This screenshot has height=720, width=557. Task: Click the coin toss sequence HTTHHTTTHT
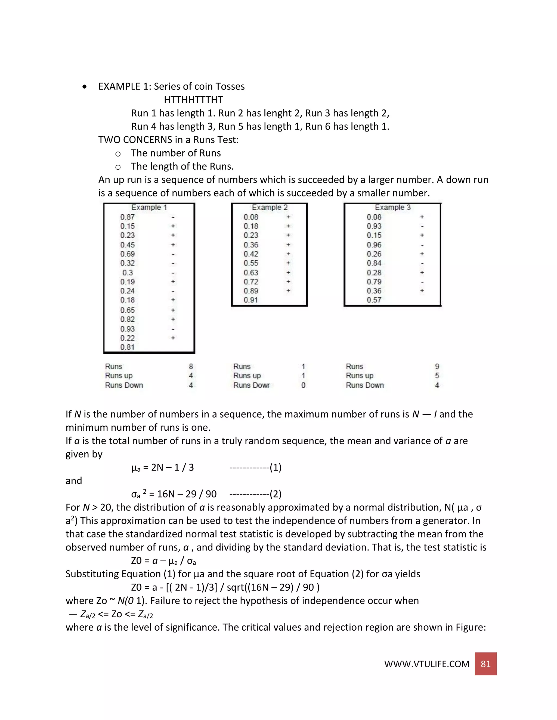193,99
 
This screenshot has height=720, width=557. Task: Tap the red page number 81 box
485,664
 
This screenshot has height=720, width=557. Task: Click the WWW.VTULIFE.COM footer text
426,664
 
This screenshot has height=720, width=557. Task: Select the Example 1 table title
149,207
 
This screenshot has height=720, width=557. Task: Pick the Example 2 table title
270,207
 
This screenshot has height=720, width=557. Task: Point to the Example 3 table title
392,207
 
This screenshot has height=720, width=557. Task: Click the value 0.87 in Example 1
127,217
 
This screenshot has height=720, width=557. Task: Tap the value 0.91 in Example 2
251,300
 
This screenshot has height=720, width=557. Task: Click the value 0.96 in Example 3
374,245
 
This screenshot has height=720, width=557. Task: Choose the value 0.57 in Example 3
374,300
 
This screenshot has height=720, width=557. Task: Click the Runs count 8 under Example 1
191,367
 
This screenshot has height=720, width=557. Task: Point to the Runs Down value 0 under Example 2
303,385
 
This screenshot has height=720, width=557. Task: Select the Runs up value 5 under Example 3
437,375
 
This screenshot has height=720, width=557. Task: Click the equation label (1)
275,468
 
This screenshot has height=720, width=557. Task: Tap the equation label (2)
275,494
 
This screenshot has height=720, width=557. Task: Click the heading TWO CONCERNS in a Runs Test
168,140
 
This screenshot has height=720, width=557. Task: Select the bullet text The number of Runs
176,153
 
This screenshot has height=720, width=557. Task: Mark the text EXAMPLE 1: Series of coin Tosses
171,86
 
